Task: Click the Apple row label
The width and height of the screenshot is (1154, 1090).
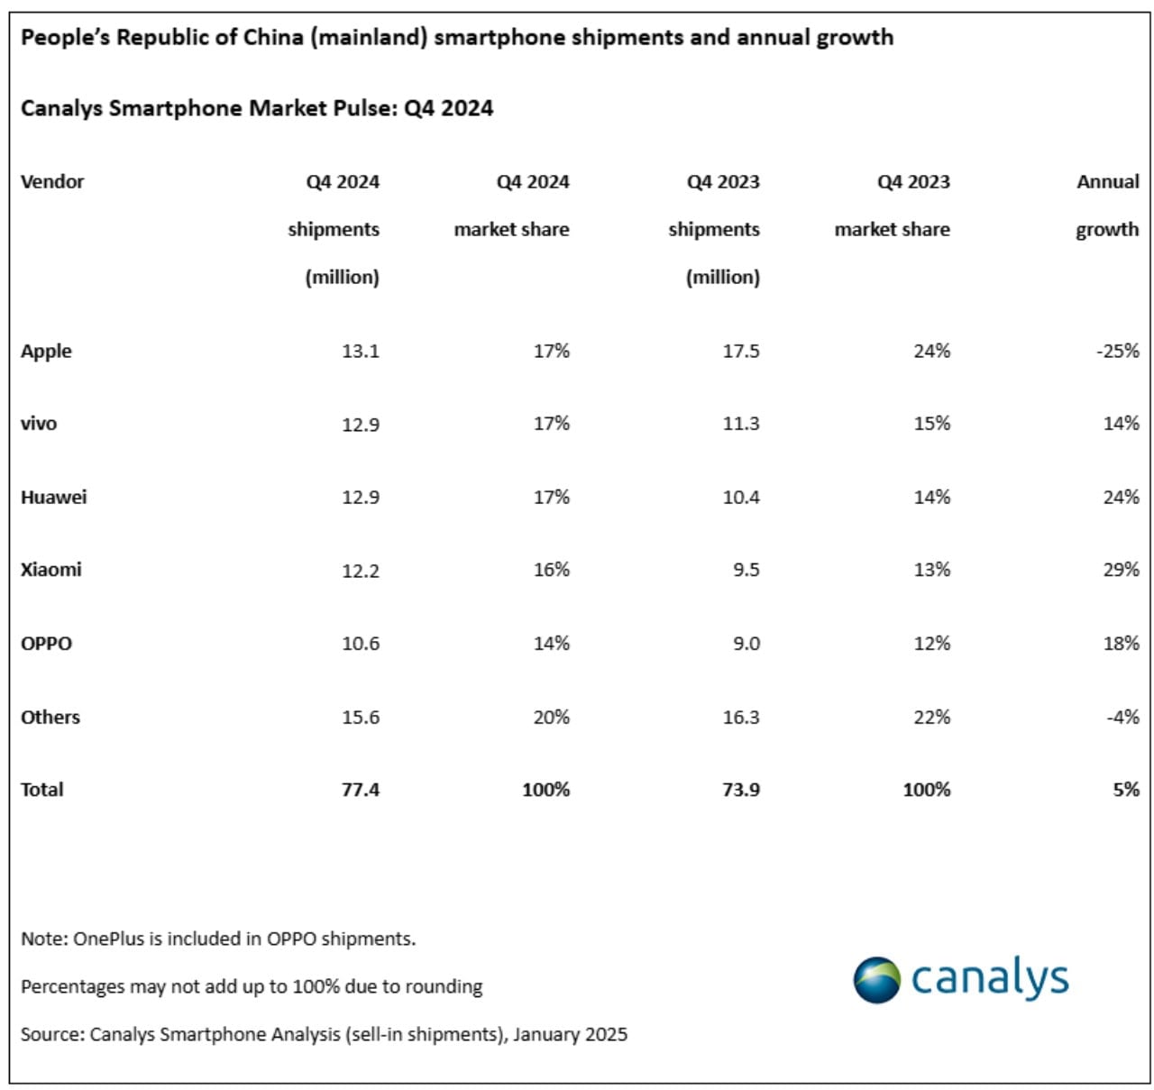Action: click(46, 352)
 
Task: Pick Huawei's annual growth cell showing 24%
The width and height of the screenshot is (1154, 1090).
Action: click(1121, 498)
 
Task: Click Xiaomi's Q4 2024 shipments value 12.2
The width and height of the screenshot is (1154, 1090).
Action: click(360, 571)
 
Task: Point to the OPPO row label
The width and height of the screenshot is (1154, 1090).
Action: click(46, 644)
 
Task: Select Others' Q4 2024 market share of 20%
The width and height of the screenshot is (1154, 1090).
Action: click(550, 718)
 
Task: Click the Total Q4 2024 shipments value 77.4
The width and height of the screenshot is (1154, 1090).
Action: click(360, 790)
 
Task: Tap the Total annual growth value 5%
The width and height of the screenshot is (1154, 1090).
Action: click(1125, 790)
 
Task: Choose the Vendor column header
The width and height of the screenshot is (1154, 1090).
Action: click(52, 182)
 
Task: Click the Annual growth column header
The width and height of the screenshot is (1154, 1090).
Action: click(1107, 206)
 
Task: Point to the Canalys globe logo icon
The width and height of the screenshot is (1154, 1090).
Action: click(876, 980)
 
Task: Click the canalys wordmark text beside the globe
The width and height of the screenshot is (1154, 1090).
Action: click(989, 979)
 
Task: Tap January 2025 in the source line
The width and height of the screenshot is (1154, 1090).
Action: click(570, 1035)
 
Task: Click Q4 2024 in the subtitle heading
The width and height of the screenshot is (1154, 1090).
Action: click(448, 109)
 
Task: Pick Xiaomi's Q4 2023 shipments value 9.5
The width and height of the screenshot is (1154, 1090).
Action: click(746, 571)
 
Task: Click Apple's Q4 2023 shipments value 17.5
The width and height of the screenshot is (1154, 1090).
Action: click(740, 352)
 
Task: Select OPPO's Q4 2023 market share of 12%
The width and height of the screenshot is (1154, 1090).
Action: click(931, 644)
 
